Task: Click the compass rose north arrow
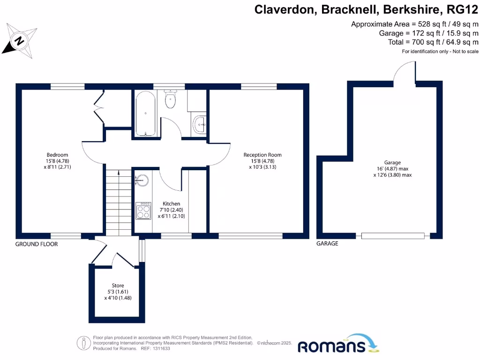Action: (20, 41)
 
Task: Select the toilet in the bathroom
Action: (170, 100)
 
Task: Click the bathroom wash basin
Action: (199, 124)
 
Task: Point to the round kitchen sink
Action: (142, 180)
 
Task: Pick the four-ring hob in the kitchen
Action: (143, 210)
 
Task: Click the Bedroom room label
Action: (57, 155)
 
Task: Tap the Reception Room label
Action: (262, 155)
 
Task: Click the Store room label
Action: (118, 285)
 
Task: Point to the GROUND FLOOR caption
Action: (37, 244)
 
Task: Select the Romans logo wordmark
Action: (332, 346)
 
